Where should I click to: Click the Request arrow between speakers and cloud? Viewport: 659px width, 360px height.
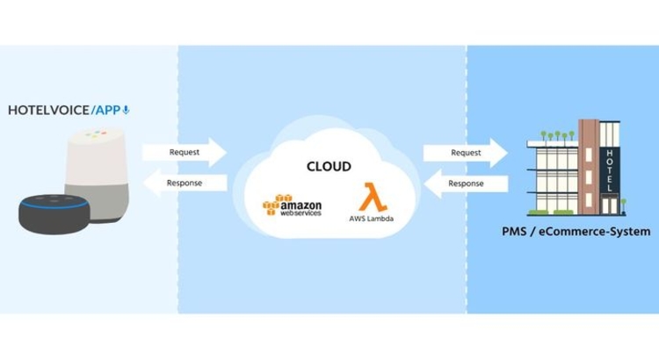click(185, 152)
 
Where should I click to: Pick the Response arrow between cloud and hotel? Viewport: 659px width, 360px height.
click(466, 184)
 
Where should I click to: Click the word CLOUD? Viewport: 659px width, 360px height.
click(329, 166)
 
